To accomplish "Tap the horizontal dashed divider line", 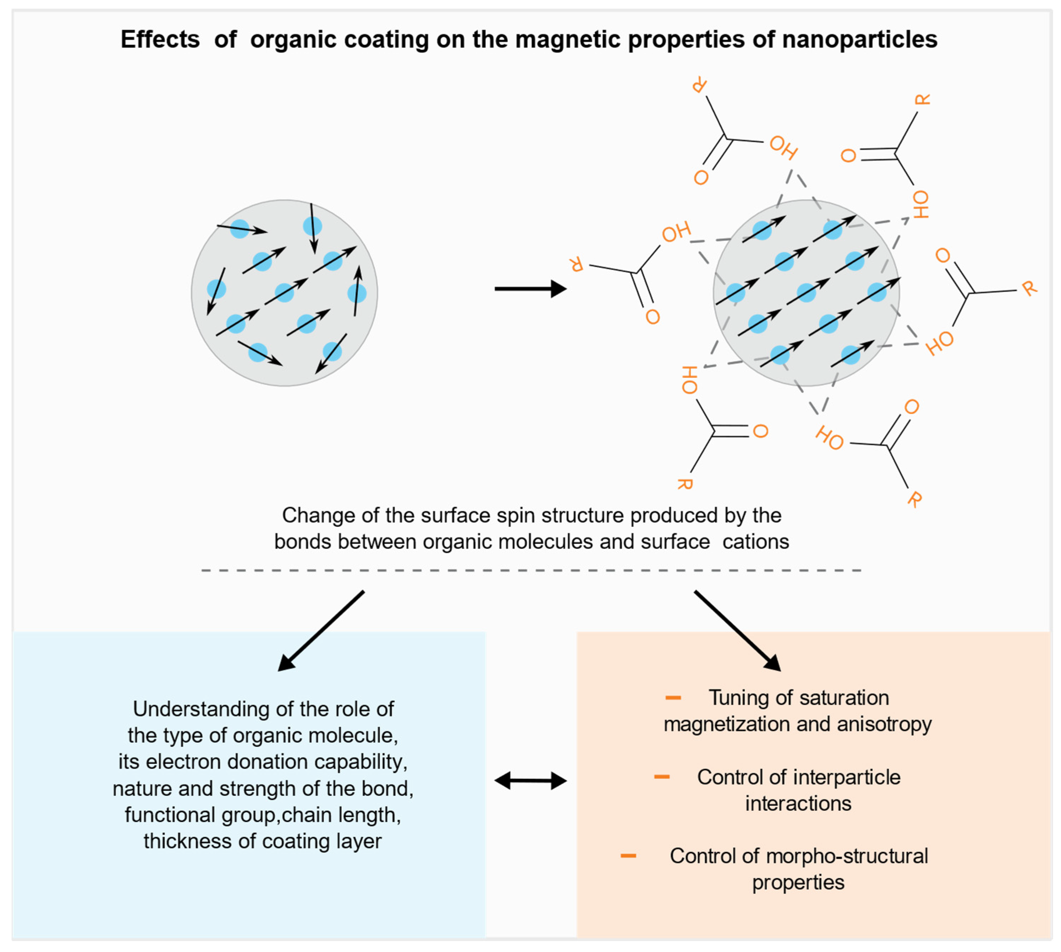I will point(530,570).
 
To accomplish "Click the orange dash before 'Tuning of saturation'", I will point(673,698).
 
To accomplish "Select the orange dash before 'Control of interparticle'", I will point(661,777).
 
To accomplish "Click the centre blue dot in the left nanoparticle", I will point(284,293).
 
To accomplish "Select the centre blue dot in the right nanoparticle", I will point(806,293).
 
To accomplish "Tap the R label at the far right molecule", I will point(1029,288).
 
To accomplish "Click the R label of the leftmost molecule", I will point(576,264).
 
